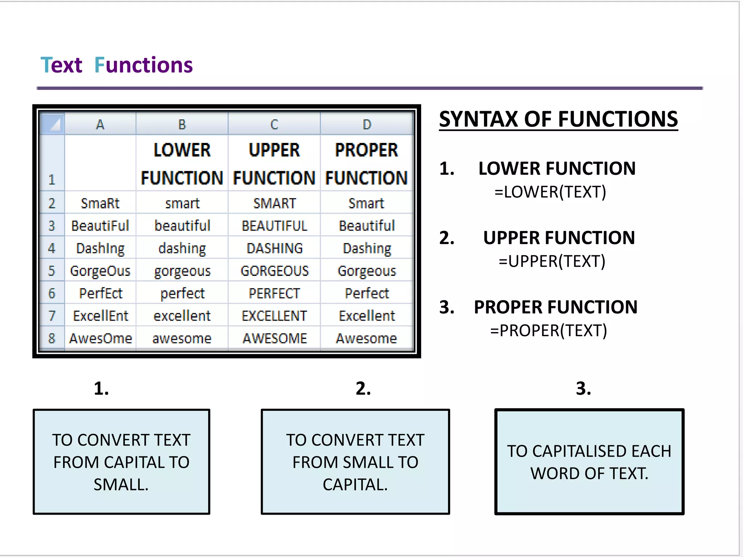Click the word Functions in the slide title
tap(143, 65)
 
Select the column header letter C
tap(274, 124)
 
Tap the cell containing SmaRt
tap(100, 203)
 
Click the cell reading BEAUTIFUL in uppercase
tap(274, 226)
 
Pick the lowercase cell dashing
tap(182, 248)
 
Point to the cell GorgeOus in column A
tap(100, 271)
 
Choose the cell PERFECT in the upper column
tap(274, 293)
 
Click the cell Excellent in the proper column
tap(367, 316)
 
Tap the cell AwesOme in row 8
tap(100, 338)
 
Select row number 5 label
tap(52, 271)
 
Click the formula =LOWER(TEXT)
tap(550, 192)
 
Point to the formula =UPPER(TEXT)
tap(552, 261)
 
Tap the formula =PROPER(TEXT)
tap(549, 330)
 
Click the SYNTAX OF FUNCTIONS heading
tap(558, 119)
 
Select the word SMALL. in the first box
tap(121, 484)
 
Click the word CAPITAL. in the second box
tap(355, 484)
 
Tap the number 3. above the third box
tap(583, 388)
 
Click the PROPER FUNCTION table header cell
tap(366, 164)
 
